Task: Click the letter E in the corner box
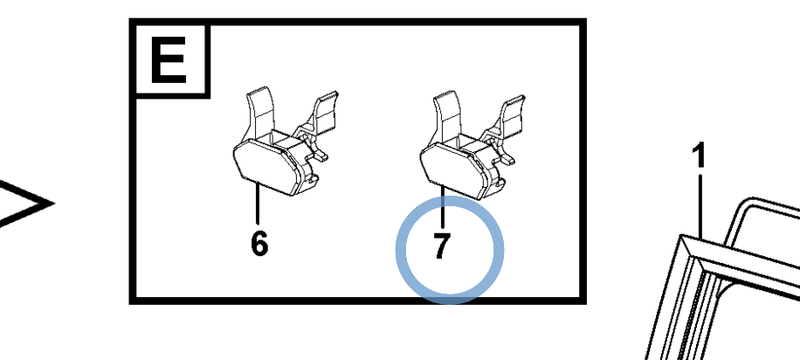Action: (x=168, y=60)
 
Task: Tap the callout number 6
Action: (x=259, y=244)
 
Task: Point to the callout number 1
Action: (x=700, y=156)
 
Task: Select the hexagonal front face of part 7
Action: (x=452, y=170)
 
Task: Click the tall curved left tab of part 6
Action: (x=259, y=114)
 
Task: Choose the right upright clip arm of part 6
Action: (x=325, y=114)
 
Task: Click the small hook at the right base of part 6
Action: (x=313, y=180)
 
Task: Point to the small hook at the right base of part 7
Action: (x=499, y=183)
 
